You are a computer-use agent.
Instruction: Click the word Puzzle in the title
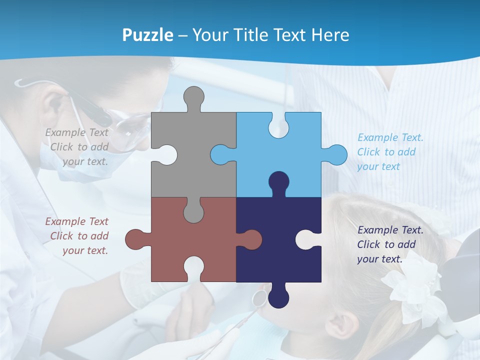coord(148,35)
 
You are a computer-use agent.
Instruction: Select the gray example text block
coord(77,147)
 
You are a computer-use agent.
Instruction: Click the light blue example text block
coord(390,152)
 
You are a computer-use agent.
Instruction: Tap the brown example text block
coord(77,236)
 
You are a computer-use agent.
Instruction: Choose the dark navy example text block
coord(390,244)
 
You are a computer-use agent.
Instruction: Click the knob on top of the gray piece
coord(193,97)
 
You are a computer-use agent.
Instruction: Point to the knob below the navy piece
coord(278,297)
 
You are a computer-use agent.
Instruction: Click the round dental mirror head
coord(258,298)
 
